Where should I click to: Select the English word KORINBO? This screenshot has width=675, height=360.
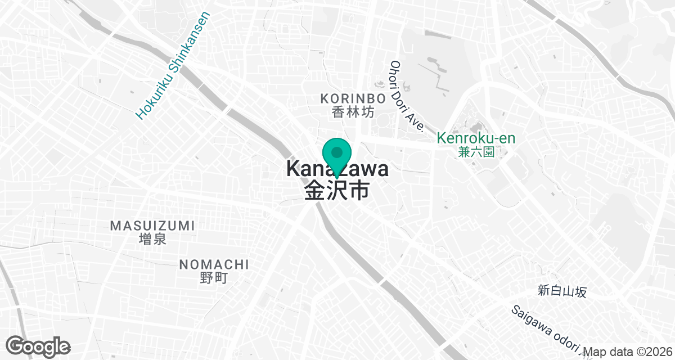coord(353,98)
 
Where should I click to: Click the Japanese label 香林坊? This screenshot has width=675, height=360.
coord(353,112)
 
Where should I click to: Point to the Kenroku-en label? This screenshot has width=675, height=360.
coord(476,138)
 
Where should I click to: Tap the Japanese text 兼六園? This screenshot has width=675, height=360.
coord(476,152)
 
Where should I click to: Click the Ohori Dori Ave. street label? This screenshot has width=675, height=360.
coord(407,97)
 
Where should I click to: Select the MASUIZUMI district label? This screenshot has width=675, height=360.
coord(152,226)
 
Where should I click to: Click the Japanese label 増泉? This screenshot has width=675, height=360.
coord(152,240)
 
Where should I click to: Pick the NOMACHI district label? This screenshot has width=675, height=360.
coord(214,264)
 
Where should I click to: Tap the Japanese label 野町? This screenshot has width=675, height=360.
coord(214,278)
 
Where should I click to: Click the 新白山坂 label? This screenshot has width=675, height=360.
coord(562,291)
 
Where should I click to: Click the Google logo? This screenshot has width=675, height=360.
coord(38,345)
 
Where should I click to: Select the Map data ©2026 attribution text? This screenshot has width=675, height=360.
coord(628,352)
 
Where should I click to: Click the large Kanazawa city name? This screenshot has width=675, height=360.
coord(337,169)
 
